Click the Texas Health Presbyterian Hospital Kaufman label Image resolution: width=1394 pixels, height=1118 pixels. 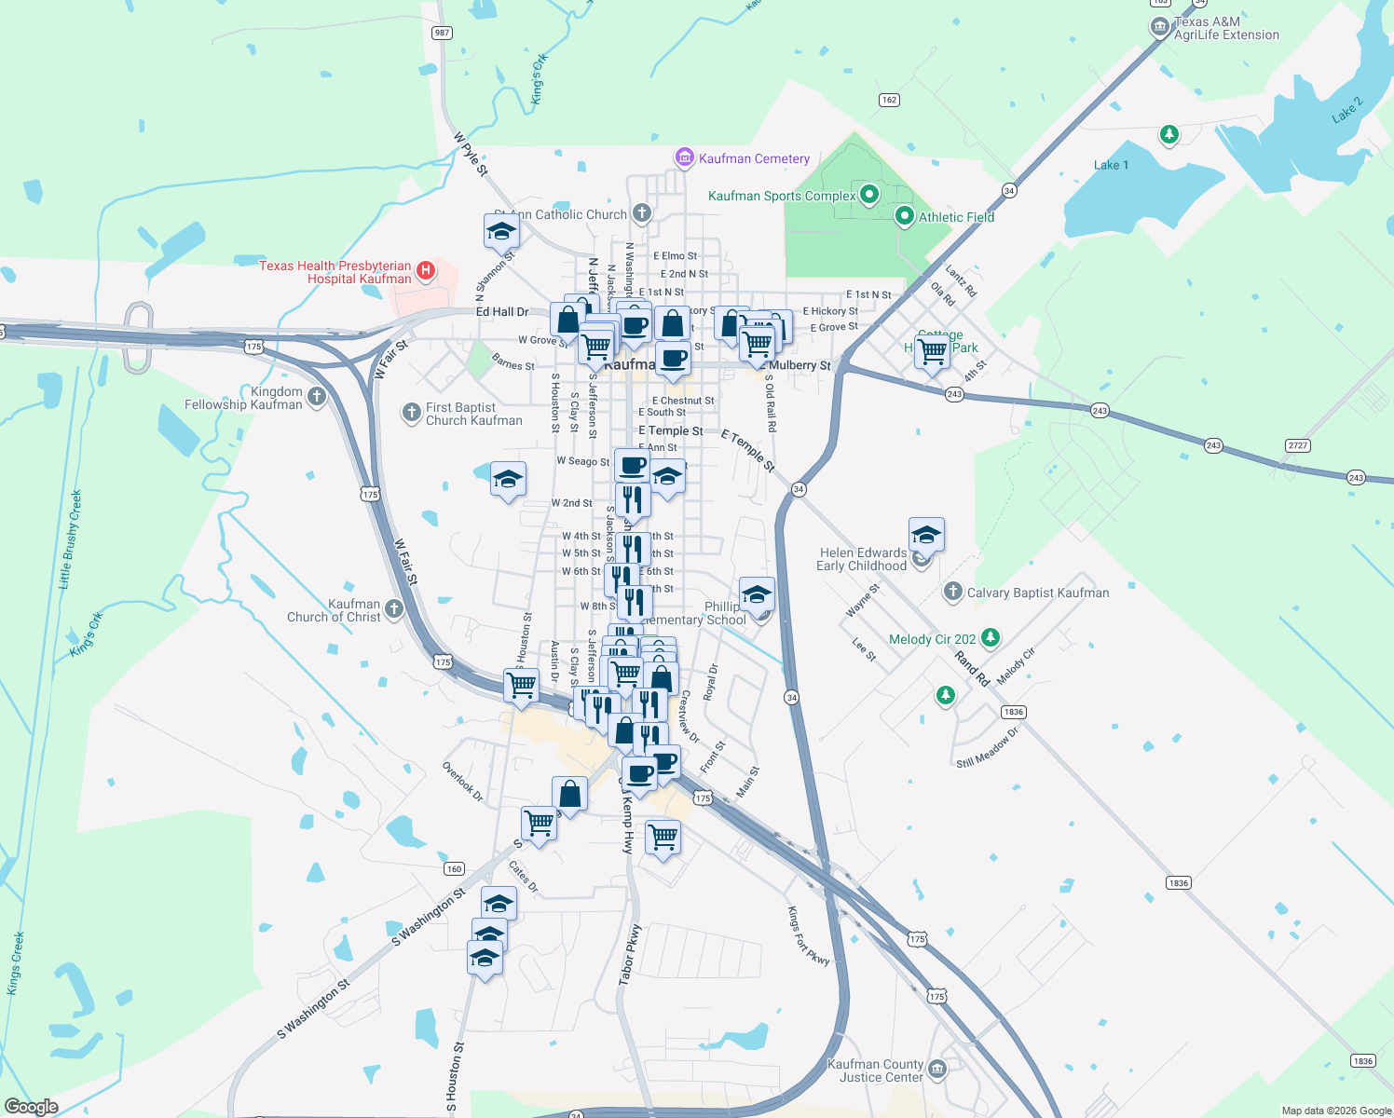(x=335, y=272)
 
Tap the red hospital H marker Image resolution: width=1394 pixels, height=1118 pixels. (x=425, y=270)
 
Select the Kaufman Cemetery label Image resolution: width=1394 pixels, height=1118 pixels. (x=754, y=158)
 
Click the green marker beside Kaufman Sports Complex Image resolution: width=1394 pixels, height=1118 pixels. (x=869, y=195)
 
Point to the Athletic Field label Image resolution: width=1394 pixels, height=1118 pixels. (x=956, y=217)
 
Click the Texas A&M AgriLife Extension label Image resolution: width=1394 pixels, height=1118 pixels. (x=1226, y=28)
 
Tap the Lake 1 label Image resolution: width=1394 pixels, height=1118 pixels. (x=1111, y=165)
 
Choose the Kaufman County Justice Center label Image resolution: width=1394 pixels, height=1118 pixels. (x=876, y=1070)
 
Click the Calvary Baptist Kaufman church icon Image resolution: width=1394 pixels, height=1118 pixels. (x=952, y=592)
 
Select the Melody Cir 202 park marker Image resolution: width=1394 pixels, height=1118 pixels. (x=991, y=637)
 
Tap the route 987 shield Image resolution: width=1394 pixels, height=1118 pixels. (x=442, y=33)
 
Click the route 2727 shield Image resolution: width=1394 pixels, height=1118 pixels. (x=1298, y=445)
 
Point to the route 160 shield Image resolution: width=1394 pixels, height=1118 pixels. (x=454, y=868)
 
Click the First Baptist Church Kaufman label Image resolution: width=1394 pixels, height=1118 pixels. (x=473, y=414)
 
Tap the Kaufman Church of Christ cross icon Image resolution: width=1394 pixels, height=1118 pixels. (x=394, y=609)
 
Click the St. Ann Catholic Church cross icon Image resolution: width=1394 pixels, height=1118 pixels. (x=641, y=213)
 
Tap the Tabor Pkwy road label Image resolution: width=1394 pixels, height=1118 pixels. (x=630, y=955)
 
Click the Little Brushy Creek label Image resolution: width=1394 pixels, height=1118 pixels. (x=71, y=539)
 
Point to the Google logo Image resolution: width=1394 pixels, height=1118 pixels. (x=32, y=1107)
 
